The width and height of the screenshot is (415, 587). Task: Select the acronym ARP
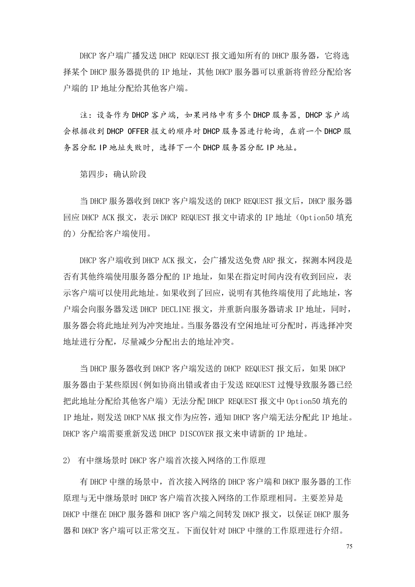pyautogui.click(x=268, y=261)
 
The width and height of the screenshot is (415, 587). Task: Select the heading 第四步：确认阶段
pyautogui.click(x=113, y=174)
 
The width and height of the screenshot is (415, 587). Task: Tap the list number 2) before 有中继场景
pyautogui.click(x=66, y=461)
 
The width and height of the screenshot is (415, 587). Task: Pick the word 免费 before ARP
pyautogui.click(x=253, y=261)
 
